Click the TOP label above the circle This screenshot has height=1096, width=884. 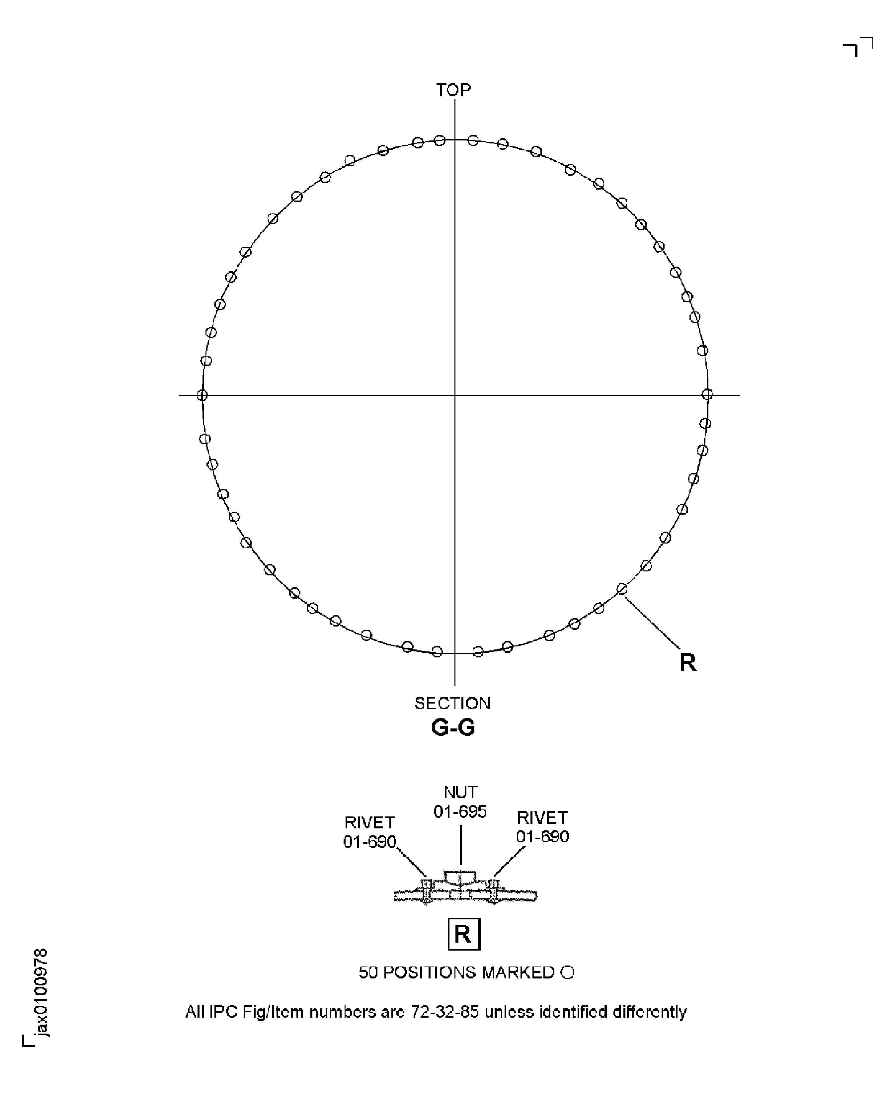453,90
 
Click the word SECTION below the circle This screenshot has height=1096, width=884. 452,703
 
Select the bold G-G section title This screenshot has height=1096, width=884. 453,727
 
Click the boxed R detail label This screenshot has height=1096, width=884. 463,934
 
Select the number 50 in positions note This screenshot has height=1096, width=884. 368,973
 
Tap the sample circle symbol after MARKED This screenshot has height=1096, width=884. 567,973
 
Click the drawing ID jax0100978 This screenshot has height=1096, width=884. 41,993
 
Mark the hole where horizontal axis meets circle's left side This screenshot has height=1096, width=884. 202,395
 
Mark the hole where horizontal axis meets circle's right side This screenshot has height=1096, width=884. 707,394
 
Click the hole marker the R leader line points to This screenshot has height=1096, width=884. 622,589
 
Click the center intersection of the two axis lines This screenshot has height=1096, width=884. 455,395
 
